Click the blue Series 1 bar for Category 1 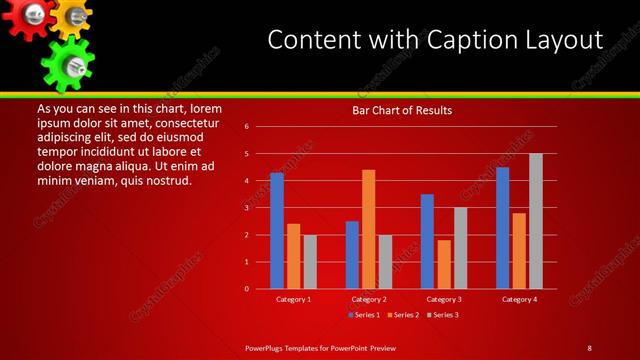pos(277,231)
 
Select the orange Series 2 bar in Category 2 pos(369,229)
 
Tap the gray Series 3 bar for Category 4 pos(536,221)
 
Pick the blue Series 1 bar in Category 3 pos(427,241)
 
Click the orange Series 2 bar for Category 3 pos(444,264)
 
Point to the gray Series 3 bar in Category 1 pos(310,262)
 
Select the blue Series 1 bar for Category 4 pos(502,228)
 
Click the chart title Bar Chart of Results pos(402,110)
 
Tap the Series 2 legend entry pos(402,315)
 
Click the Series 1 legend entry pos(363,315)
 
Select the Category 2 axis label pos(369,299)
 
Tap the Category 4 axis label pos(519,299)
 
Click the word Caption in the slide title pos(473,39)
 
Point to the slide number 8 pos(589,347)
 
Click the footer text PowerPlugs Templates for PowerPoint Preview pos(321,347)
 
